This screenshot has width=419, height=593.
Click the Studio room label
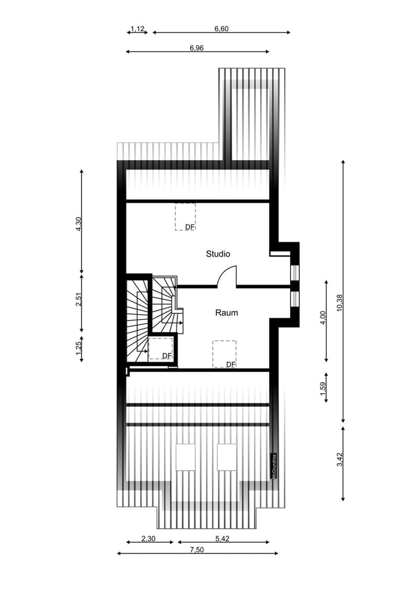pos(218,254)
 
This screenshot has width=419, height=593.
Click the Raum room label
pos(226,313)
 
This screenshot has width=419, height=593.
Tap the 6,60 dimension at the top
pos(222,29)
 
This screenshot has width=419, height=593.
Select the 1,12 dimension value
pos(138,29)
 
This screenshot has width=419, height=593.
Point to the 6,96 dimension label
pos(196,48)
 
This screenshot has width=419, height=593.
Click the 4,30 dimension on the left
pos(79,224)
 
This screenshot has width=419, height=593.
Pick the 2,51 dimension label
pos(79,300)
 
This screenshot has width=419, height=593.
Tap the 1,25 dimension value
pos(79,348)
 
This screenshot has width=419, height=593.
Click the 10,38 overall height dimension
pos(339,303)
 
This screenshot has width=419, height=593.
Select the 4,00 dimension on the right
pos(323,317)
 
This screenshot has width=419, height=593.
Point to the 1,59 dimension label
pos(323,389)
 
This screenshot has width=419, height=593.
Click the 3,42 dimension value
pos(339,459)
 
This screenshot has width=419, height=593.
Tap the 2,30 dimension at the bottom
pos(148,539)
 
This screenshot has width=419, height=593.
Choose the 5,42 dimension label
pos(223,539)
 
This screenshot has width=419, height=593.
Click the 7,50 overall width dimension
pos(196,550)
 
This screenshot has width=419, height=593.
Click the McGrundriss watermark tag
pos(274,466)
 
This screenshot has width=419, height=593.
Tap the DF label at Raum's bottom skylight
pos(230,364)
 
